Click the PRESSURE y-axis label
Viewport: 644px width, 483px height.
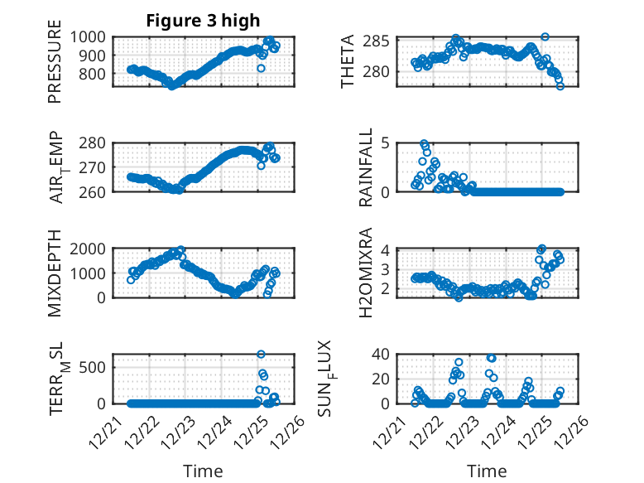55,66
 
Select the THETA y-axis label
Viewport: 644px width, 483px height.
348,61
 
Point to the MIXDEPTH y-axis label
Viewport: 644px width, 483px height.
55,273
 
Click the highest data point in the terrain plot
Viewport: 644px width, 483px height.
261,355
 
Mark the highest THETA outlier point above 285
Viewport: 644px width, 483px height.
545,37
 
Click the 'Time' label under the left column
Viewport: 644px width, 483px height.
203,471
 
